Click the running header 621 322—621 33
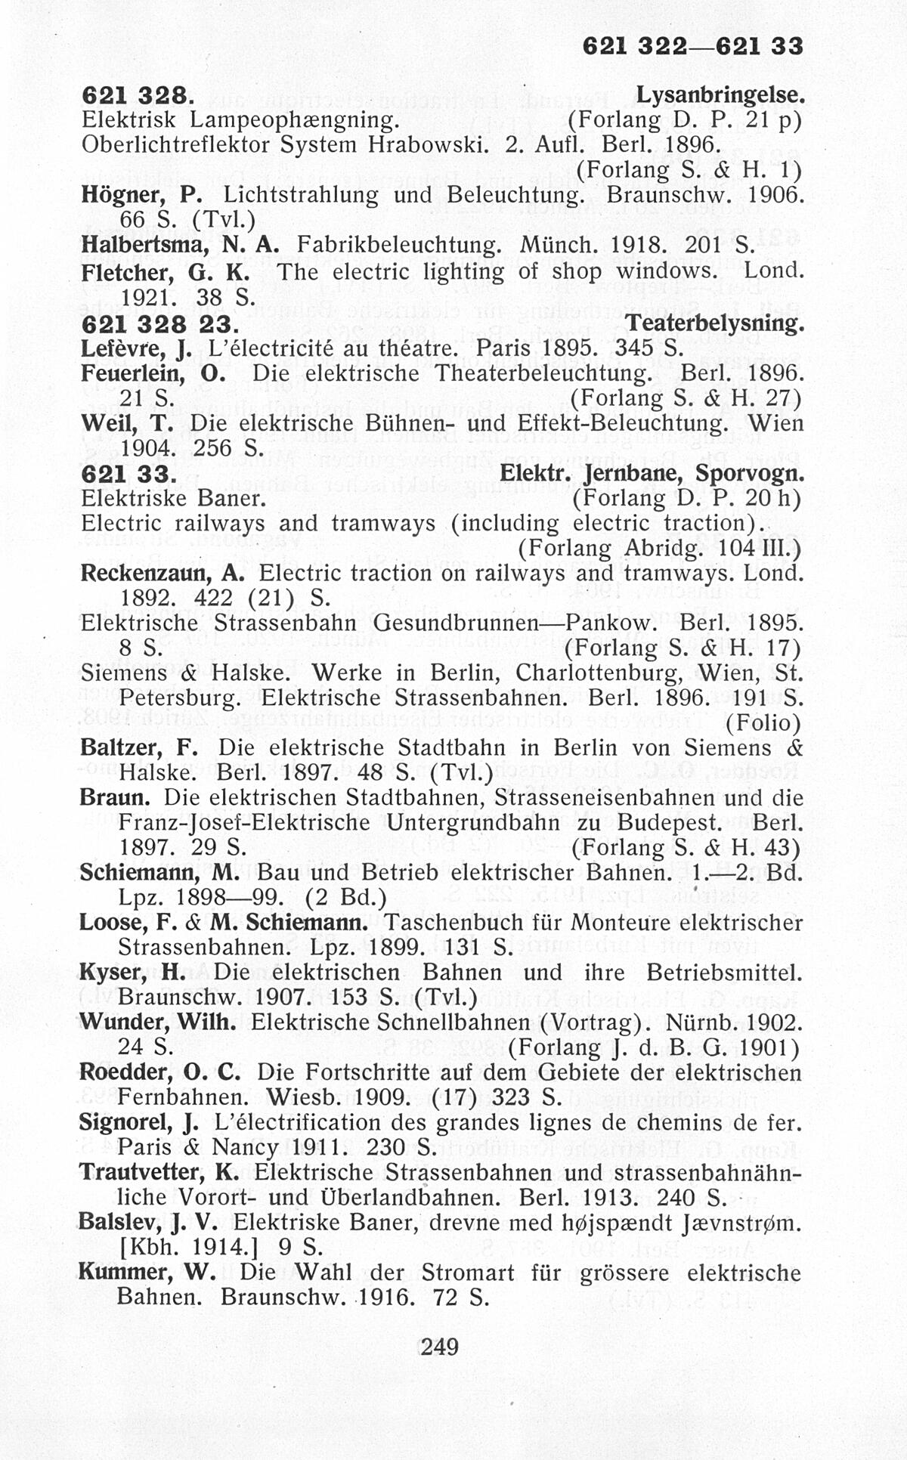pyautogui.click(x=692, y=47)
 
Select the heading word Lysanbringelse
pyautogui.click(x=718, y=96)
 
